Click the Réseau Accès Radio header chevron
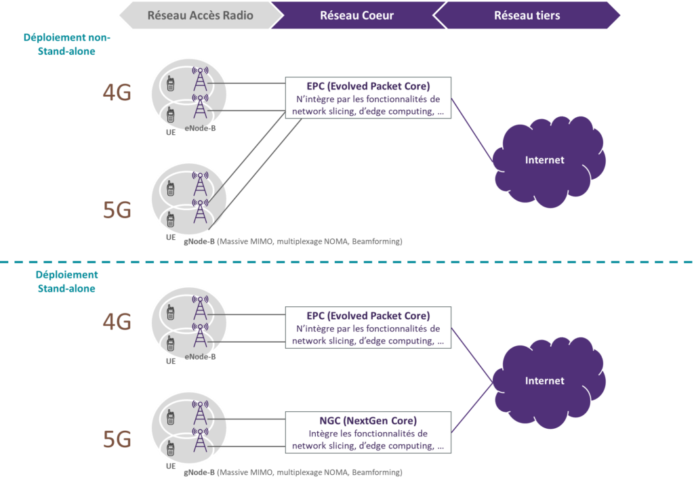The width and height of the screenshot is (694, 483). pos(197,15)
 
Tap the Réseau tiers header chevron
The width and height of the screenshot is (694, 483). pos(527,15)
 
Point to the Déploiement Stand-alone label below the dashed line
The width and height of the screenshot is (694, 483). pos(66,282)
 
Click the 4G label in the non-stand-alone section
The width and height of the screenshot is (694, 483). pos(117,93)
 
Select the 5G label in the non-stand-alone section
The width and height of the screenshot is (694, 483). pos(117,211)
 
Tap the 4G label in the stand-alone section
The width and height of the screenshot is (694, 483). pos(117,322)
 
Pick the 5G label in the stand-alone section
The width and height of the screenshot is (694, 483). pos(117,440)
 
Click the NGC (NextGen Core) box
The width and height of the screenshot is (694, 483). pos(368,432)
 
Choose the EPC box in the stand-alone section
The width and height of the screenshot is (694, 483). pos(368,328)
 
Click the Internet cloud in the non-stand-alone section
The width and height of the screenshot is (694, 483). pos(544,161)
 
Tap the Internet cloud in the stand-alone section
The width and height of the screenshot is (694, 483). pos(544,381)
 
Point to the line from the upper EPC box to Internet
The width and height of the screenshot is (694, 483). pos(472,129)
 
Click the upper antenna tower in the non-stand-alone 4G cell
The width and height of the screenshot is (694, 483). pos(199,80)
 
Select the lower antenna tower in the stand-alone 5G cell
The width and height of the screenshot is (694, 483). pos(199,442)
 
